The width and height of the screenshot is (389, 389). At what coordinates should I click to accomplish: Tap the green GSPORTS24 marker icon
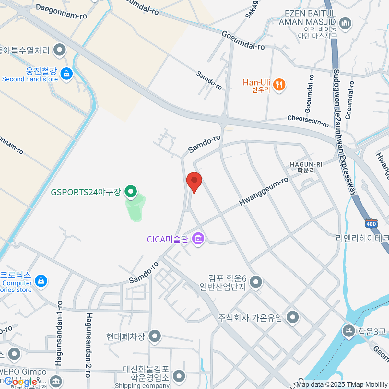pos(131,192)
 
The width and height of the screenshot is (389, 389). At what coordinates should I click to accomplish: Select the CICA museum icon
pos(198,239)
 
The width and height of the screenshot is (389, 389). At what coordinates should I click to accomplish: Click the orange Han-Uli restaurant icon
pos(279,85)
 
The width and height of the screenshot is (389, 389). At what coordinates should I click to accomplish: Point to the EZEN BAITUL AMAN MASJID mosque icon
pos(345,24)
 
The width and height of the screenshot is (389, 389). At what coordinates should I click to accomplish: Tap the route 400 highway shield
pos(371,224)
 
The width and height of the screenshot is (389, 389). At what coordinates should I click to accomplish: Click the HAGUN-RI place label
pos(306,167)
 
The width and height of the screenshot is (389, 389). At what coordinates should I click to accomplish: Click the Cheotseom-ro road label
pos(308,121)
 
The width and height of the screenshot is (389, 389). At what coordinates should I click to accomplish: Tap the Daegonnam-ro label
pos(61,12)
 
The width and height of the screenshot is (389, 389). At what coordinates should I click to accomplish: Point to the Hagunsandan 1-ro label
pos(59,333)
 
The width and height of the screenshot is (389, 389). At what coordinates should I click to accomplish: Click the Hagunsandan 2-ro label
pos(88,345)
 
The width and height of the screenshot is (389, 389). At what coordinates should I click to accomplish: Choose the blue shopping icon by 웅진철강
pos(66,74)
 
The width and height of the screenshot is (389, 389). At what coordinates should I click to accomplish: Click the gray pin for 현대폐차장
pos(155,336)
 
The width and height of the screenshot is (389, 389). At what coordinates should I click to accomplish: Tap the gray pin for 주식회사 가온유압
pos(293,317)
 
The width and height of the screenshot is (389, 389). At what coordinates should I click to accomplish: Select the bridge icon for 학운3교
pos(349,331)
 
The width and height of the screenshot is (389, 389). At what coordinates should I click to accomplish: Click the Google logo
pos(21,382)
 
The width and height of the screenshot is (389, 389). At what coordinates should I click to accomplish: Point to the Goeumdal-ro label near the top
pos(243,40)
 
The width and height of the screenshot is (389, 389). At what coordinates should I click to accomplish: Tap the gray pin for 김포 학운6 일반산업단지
pos(256,282)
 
